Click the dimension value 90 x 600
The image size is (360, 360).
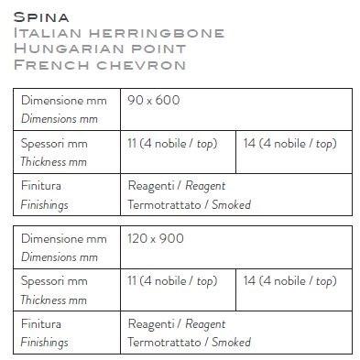pos(154,100)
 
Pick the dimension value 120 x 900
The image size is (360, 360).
pos(156,239)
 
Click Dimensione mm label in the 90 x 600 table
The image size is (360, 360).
pos(63,100)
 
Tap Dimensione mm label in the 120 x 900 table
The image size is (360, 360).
pos(63,239)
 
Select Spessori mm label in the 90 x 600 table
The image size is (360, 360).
pos(54,143)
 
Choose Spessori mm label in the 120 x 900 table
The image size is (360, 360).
pos(54,281)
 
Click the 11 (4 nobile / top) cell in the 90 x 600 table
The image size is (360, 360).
pos(172,143)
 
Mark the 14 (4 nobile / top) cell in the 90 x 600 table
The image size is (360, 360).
pos(290,143)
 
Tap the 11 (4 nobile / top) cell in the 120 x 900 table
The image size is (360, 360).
pos(172,281)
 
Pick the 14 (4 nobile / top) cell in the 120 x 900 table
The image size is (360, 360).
pos(290,281)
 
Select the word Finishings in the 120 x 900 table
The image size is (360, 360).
pos(44,342)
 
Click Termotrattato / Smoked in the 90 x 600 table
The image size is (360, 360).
pos(189,204)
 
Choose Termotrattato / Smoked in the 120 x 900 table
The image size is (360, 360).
pos(189,343)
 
